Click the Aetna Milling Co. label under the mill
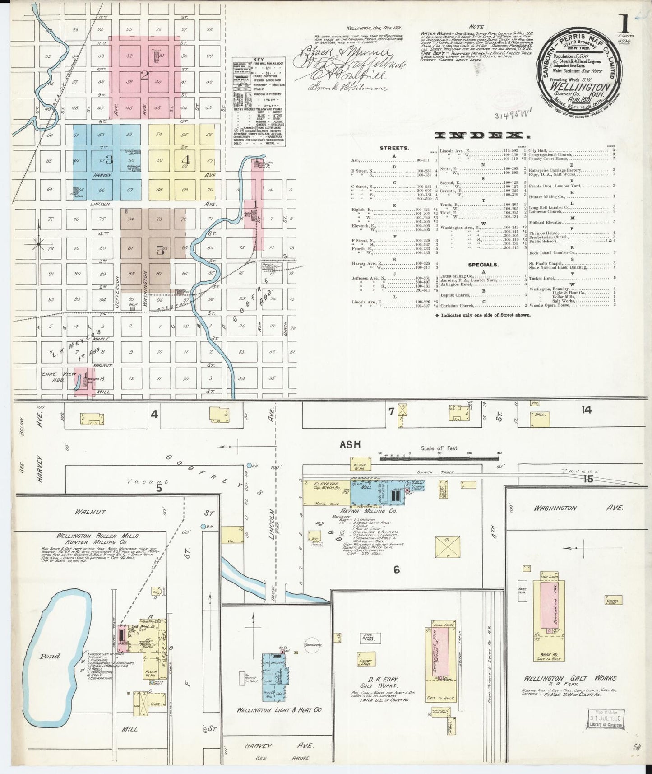pyautogui.click(x=377, y=511)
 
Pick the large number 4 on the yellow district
pyautogui.click(x=185, y=160)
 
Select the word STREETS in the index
pyautogui.click(x=394, y=148)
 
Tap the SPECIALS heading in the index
pyautogui.click(x=483, y=264)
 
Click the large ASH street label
pyautogui.click(x=350, y=445)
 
